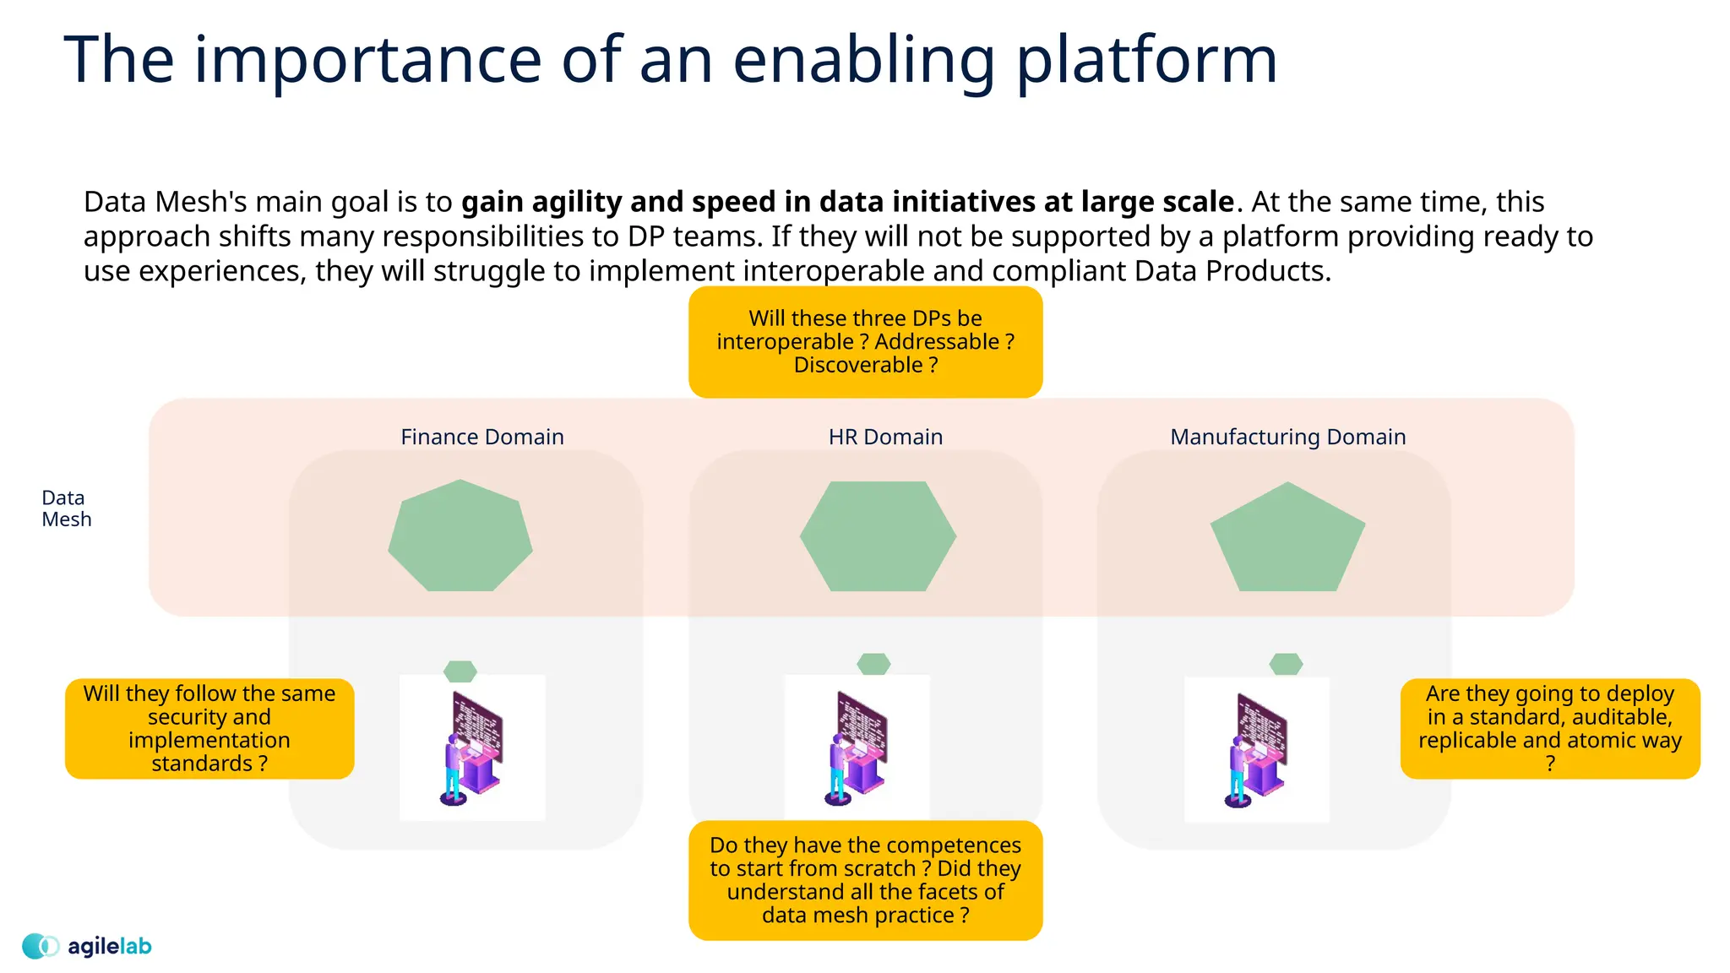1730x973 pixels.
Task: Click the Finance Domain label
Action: (x=481, y=437)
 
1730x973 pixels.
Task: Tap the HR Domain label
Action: (x=885, y=437)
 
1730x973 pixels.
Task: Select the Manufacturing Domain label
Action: (x=1287, y=437)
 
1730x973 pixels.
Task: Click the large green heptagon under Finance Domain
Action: (x=460, y=537)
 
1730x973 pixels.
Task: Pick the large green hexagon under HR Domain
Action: (x=878, y=536)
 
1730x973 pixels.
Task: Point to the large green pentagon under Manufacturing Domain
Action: (x=1287, y=541)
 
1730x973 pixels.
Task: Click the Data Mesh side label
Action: (x=66, y=508)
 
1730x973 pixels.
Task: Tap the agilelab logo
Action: (x=87, y=946)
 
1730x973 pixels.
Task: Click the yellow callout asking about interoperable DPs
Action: (x=865, y=342)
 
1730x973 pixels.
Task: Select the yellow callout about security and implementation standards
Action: (x=209, y=728)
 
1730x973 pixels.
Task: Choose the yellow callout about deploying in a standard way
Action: (x=1549, y=728)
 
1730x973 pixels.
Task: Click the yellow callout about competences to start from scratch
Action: (x=865, y=880)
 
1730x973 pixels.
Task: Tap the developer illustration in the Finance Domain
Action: (x=472, y=747)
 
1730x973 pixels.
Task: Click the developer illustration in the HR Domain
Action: (x=857, y=747)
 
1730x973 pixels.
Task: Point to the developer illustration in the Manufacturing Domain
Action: (x=1257, y=749)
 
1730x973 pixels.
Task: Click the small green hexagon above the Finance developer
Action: (x=460, y=671)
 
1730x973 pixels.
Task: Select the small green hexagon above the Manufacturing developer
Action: (x=1286, y=664)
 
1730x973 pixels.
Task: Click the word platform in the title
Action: (x=1146, y=61)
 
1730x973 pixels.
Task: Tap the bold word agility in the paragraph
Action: (x=576, y=202)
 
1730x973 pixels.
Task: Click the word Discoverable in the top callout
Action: (x=857, y=365)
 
